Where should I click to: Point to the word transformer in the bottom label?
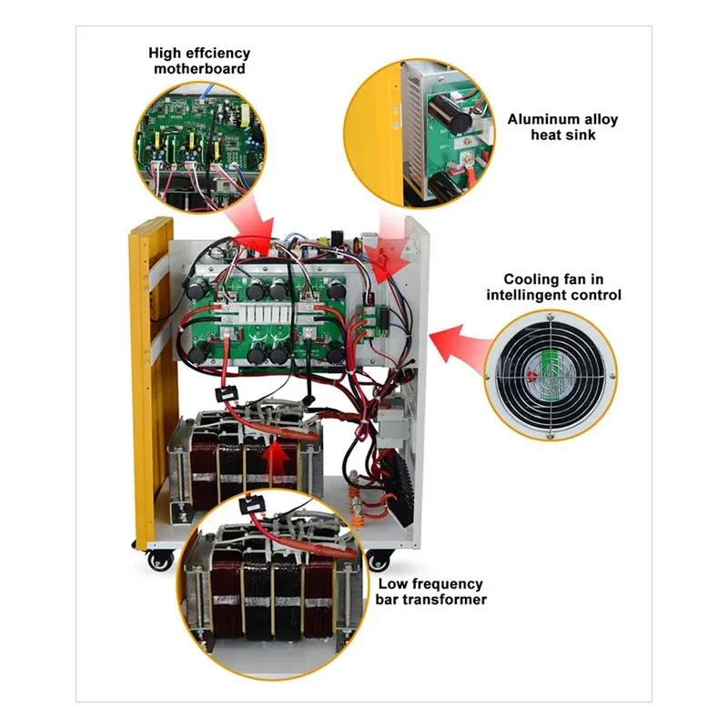444,599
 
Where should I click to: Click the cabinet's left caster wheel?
160,561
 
